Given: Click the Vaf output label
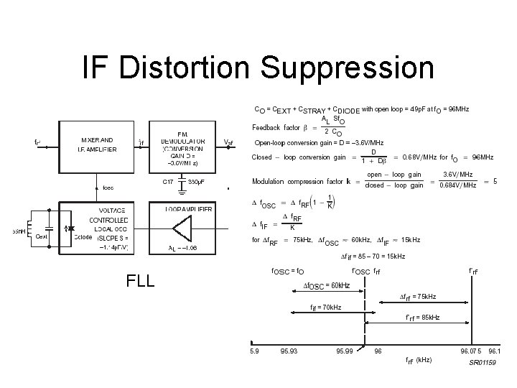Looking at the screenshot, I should point(228,142).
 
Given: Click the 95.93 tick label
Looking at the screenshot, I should point(290,351).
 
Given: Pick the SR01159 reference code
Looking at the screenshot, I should point(483,364).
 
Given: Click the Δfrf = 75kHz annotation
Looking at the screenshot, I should point(417,296).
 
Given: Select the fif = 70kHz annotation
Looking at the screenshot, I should point(325,308).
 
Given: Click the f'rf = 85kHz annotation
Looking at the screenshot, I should point(422,317).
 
